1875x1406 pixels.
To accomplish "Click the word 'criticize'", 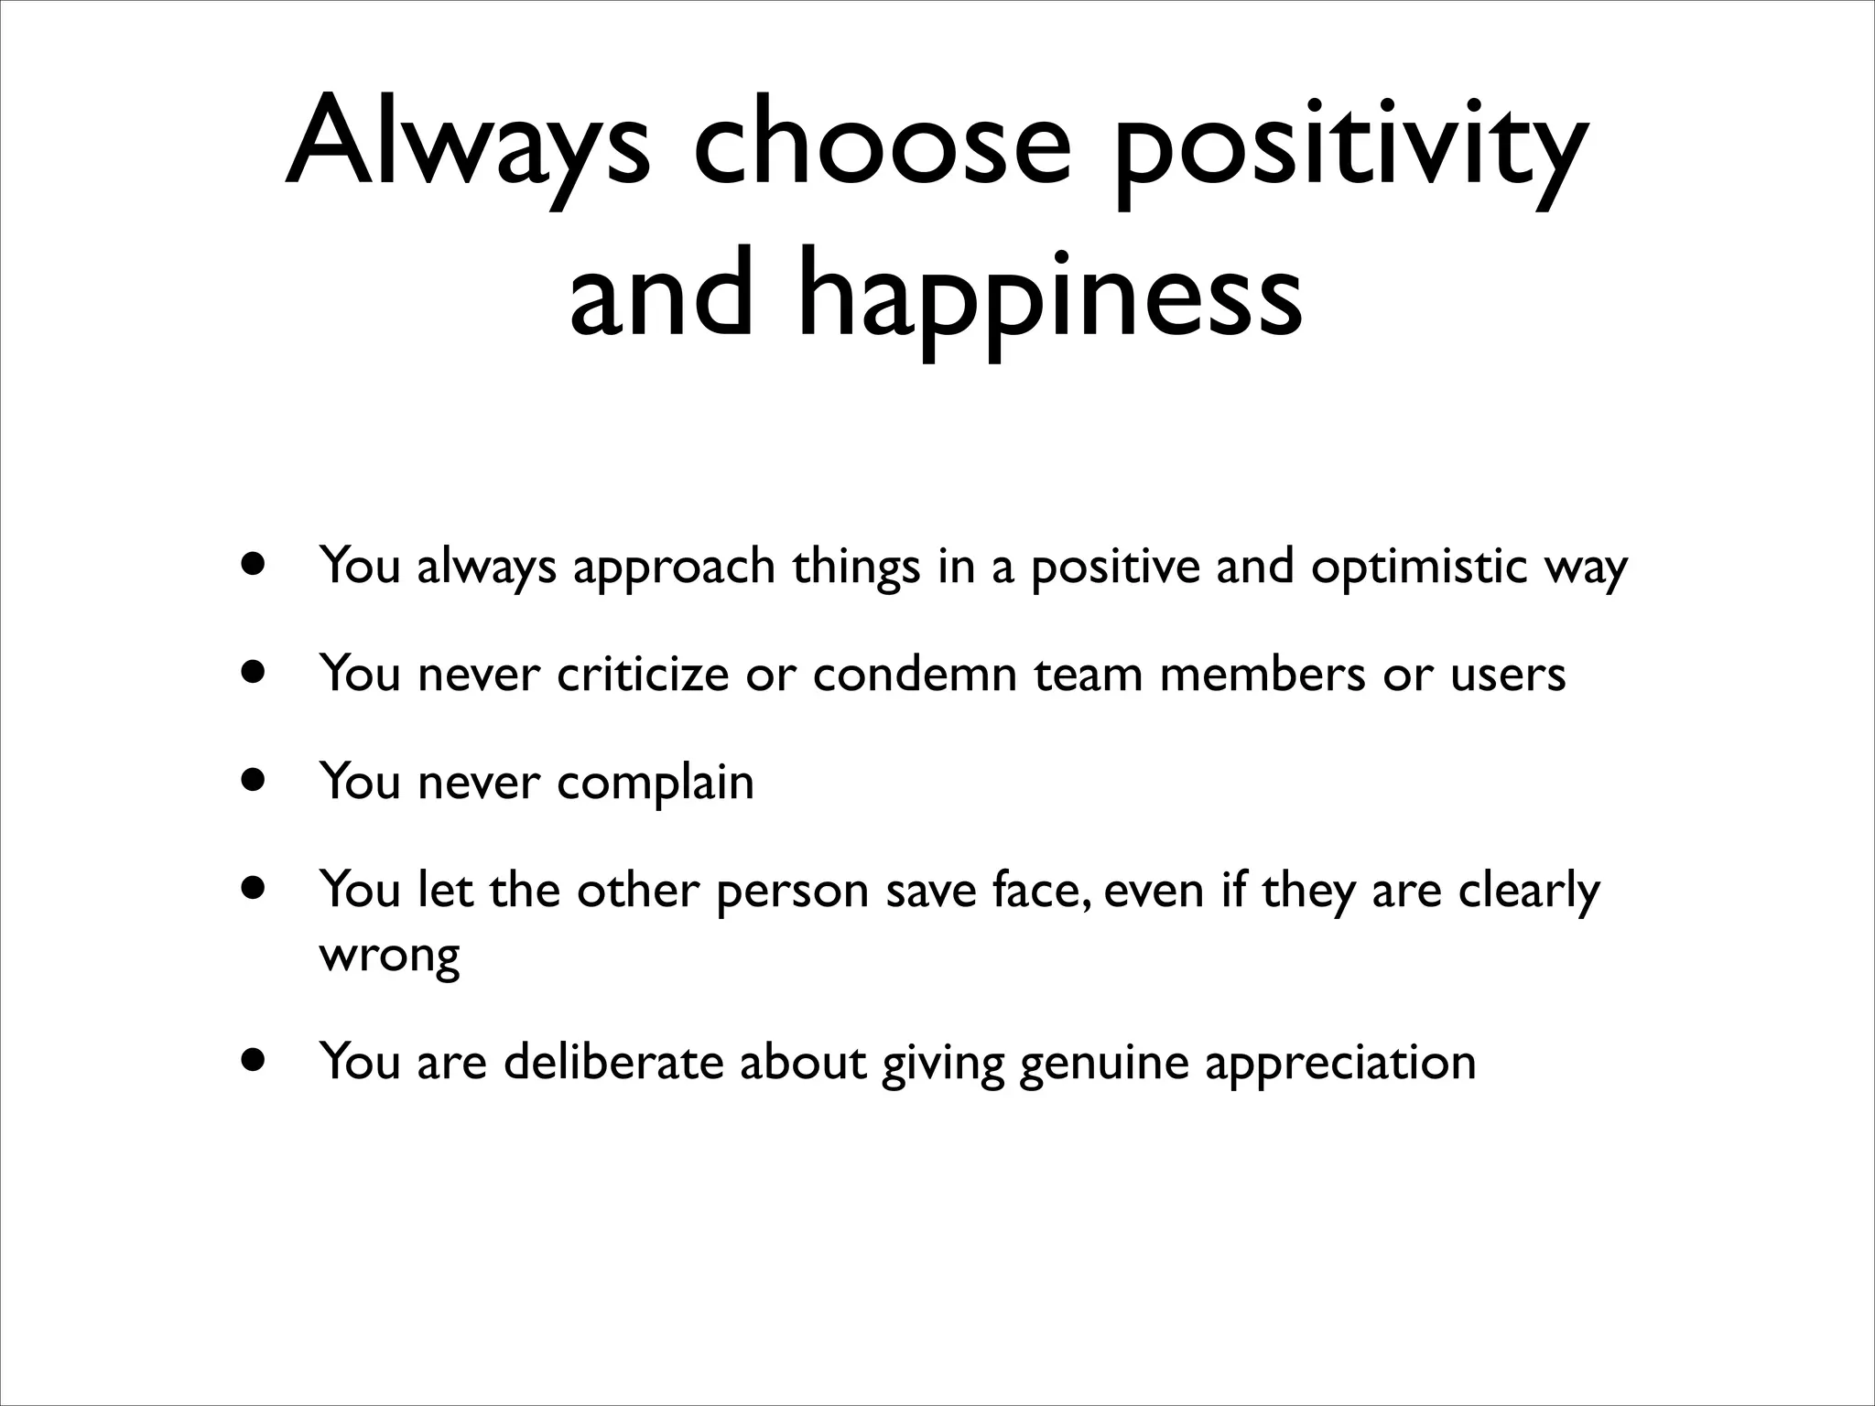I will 643,675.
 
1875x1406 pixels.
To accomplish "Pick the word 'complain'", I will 655,784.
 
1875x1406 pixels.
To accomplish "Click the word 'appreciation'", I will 1340,1064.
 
